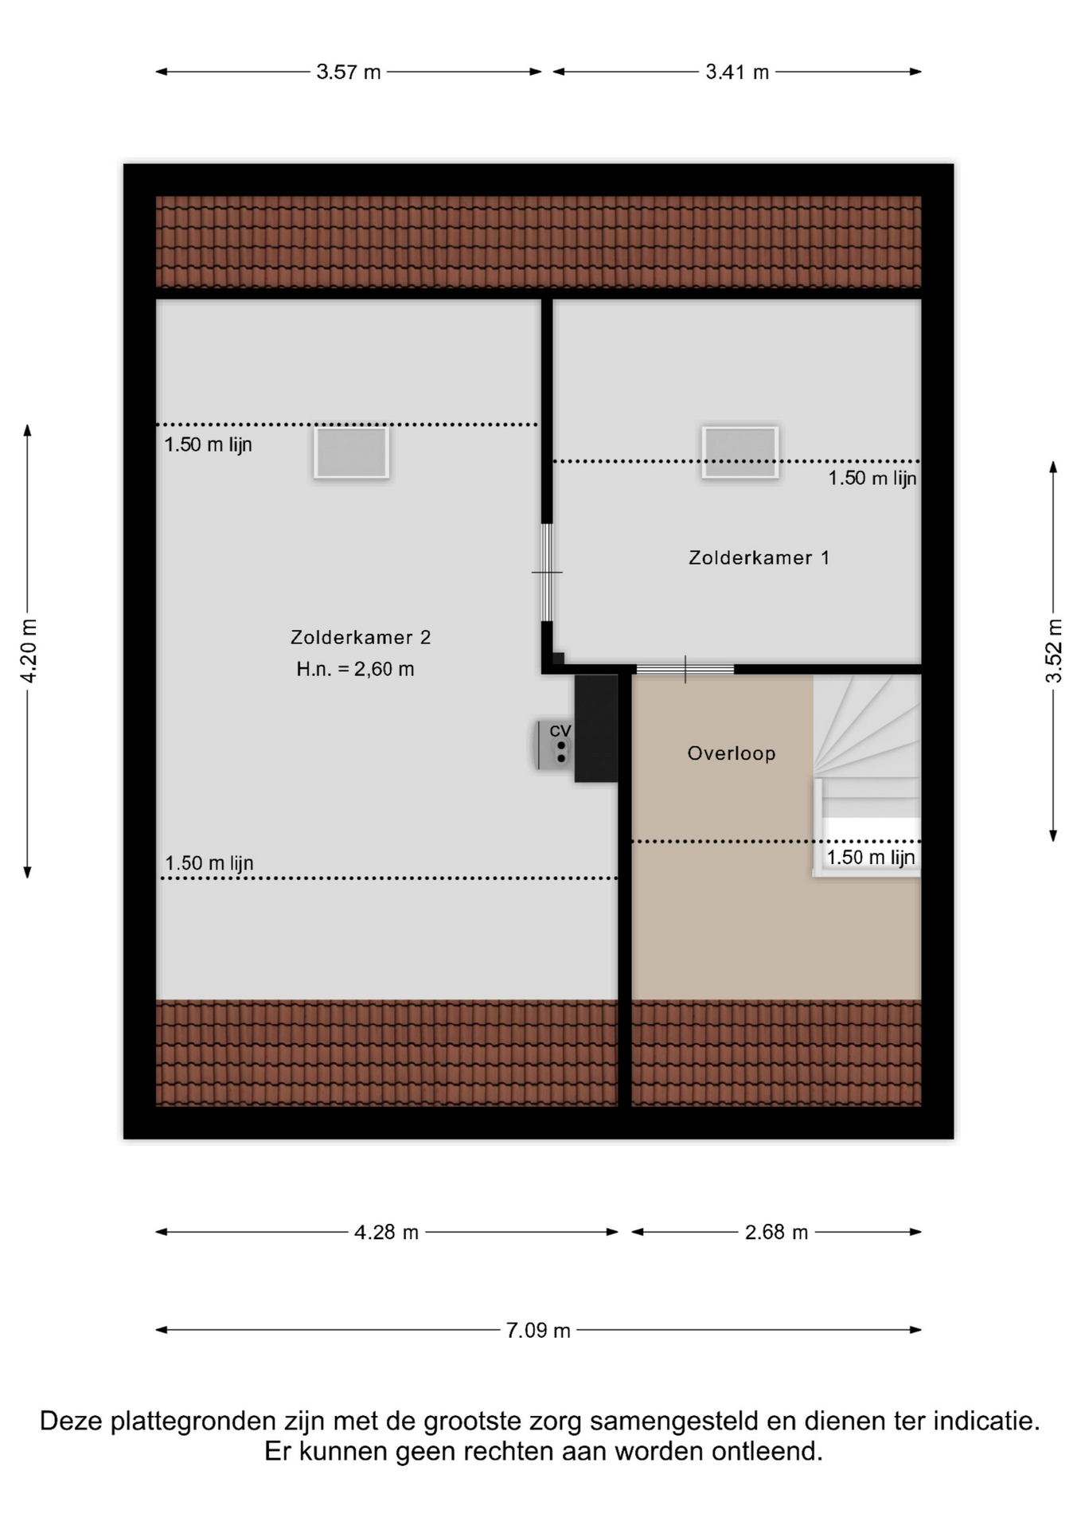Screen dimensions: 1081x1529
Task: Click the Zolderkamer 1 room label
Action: (759, 557)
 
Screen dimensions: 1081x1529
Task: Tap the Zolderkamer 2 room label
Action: (361, 637)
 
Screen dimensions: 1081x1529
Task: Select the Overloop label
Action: (732, 753)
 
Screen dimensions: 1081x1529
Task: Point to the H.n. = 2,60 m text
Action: (355, 669)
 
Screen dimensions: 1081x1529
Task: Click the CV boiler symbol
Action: (554, 745)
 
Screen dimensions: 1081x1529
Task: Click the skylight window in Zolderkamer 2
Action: (351, 452)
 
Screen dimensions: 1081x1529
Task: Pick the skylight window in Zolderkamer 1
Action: (740, 452)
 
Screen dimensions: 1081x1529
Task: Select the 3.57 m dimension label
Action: (349, 72)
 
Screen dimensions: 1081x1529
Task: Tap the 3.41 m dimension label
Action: (737, 72)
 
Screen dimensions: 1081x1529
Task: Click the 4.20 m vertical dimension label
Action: (29, 651)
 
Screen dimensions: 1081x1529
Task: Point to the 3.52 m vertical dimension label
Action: (1054, 651)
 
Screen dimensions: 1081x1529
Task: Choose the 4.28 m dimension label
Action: (386, 1233)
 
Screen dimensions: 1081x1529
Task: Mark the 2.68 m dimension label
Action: (776, 1233)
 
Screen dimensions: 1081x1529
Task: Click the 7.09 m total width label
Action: (538, 1331)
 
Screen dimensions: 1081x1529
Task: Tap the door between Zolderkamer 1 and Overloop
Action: (685, 670)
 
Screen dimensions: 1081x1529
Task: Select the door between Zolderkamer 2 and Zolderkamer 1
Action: (547, 572)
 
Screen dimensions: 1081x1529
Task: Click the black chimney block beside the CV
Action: (596, 729)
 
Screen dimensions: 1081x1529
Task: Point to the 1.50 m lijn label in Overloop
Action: (871, 858)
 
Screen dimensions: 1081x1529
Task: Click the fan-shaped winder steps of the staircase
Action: (866, 725)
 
